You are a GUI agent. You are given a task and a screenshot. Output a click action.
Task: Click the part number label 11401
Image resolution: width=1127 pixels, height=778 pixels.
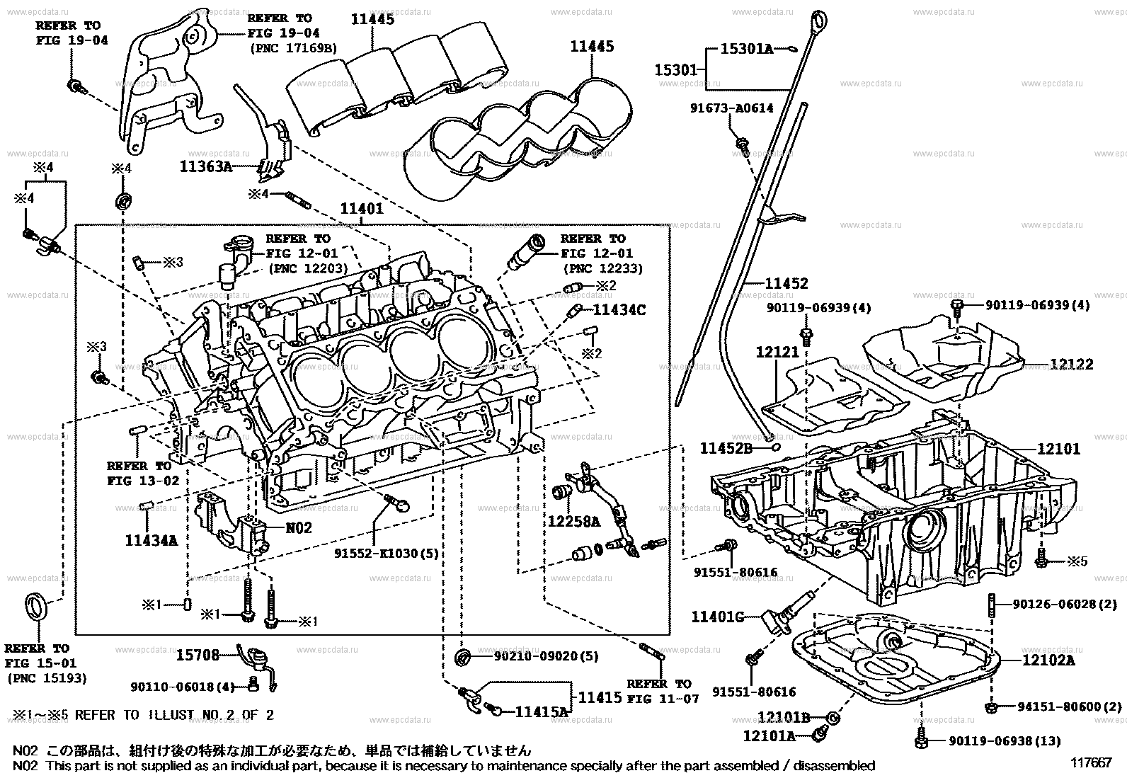(x=362, y=209)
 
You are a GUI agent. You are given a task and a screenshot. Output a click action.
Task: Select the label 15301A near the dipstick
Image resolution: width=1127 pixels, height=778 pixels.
(x=746, y=49)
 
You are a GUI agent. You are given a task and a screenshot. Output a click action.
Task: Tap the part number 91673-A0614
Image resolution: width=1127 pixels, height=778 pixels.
(x=732, y=108)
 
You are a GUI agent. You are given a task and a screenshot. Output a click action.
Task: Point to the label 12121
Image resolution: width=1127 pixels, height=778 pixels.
(x=777, y=352)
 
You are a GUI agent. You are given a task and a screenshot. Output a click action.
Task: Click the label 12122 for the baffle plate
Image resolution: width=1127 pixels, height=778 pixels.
(x=1071, y=365)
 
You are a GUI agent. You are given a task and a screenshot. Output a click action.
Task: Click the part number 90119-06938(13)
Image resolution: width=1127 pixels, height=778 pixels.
(x=1005, y=741)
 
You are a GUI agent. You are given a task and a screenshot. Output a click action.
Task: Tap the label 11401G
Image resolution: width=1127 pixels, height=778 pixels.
(x=717, y=617)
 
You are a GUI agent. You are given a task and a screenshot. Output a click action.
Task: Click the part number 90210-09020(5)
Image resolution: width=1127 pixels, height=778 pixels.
(x=545, y=656)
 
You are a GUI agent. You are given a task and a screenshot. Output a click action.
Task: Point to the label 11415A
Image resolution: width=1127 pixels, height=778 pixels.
(x=542, y=711)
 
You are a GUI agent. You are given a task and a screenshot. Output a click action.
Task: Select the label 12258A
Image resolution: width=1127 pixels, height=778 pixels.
(x=573, y=522)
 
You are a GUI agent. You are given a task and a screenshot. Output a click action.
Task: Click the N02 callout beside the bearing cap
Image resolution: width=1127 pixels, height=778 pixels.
(x=298, y=527)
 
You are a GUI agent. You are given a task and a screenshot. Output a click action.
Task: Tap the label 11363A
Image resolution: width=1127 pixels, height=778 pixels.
(x=205, y=166)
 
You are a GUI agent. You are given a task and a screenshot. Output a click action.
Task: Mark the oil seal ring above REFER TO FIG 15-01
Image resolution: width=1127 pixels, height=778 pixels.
(x=38, y=607)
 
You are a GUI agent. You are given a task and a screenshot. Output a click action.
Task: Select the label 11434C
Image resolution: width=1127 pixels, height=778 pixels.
(x=619, y=309)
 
